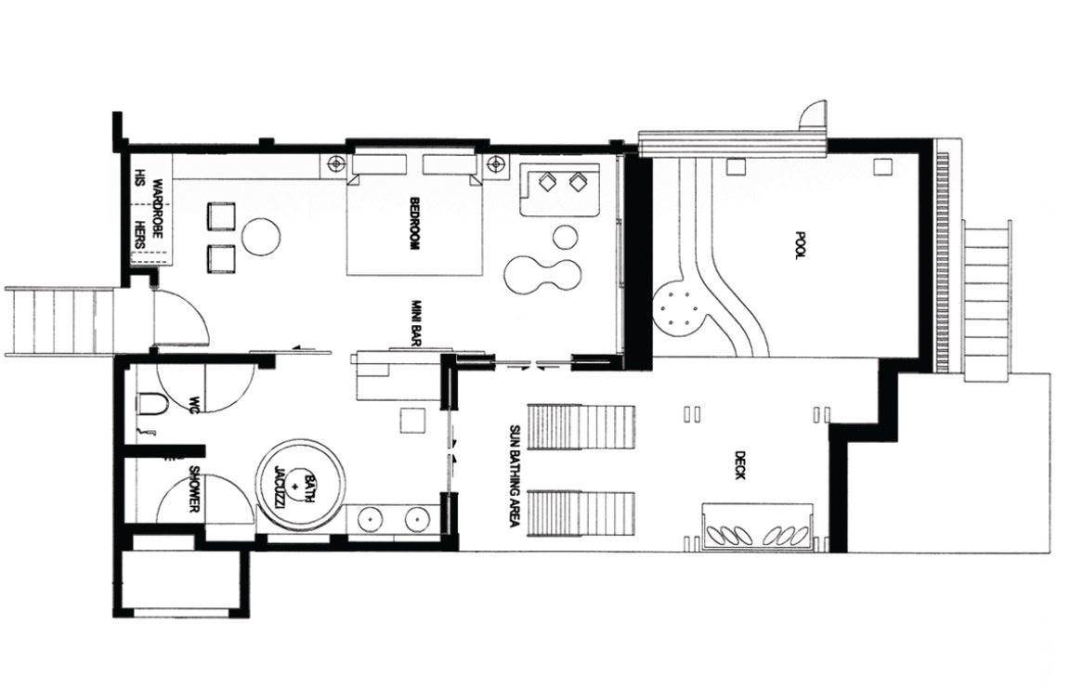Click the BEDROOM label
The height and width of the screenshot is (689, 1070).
[x=413, y=223]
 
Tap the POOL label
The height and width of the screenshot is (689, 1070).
[x=801, y=245]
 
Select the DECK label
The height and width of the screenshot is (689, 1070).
[x=739, y=464]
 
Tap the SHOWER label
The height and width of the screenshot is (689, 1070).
[x=194, y=489]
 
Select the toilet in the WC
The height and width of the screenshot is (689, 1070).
[x=151, y=404]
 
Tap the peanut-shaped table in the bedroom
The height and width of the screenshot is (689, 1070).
[x=543, y=274]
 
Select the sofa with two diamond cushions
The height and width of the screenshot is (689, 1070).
[x=560, y=188]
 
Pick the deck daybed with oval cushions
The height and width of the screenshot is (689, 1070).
[x=758, y=527]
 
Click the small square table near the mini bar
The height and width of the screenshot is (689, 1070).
[x=413, y=421]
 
